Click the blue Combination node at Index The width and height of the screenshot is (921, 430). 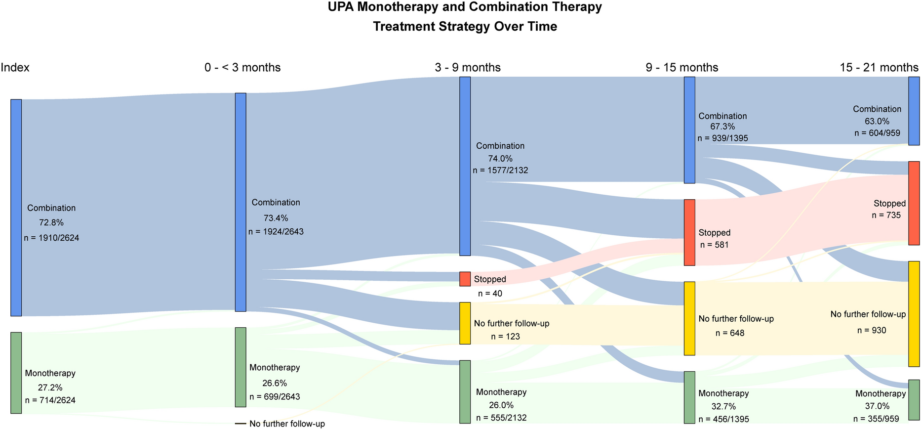(16, 208)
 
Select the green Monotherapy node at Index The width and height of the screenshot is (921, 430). (16, 373)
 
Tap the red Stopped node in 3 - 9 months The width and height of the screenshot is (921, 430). (465, 279)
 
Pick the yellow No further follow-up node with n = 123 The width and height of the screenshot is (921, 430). (465, 323)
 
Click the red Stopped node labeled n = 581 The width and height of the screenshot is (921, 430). (689, 232)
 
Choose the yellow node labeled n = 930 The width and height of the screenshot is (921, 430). (914, 314)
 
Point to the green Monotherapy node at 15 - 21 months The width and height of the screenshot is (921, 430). (914, 400)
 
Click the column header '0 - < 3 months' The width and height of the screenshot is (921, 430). (242, 67)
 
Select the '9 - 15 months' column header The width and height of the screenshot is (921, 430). (681, 67)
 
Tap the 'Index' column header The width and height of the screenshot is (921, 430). (15, 67)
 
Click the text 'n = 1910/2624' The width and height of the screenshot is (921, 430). (51, 238)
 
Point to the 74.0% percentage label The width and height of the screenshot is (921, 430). (500, 159)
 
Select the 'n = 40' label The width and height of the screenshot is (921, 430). (490, 294)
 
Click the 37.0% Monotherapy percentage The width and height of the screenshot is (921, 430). (877, 406)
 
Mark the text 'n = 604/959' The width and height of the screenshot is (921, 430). (877, 133)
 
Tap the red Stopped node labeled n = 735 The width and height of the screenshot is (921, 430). (914, 203)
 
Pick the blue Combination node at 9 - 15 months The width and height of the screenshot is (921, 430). (689, 129)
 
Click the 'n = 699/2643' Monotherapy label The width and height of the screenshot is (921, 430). (275, 396)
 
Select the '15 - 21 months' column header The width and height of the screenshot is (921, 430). (879, 67)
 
